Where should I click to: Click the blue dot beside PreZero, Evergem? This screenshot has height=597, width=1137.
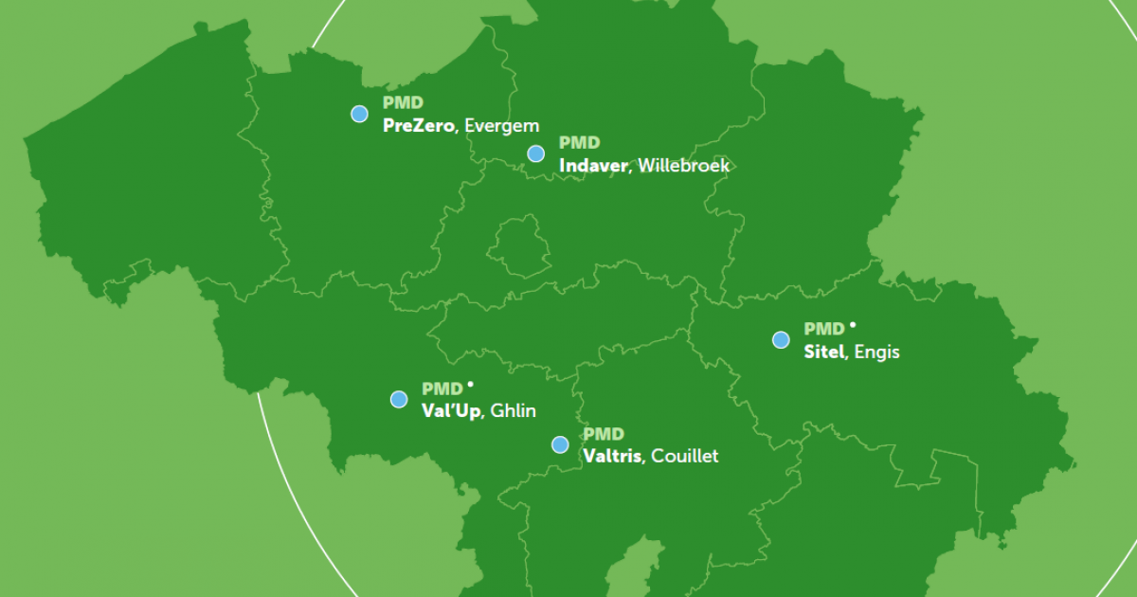pos(359,114)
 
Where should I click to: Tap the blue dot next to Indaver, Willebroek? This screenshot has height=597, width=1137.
pos(536,154)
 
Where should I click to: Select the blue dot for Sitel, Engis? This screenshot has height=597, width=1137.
pos(781,340)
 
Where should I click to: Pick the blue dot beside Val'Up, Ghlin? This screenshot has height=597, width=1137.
pos(399,399)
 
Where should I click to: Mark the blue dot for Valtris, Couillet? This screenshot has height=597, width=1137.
pos(560,444)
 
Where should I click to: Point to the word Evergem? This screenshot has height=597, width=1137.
pos(502,125)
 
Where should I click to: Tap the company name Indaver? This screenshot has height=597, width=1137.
pos(593,166)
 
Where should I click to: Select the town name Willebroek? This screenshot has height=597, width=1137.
pos(684,166)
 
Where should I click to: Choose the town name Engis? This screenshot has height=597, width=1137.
pos(877,353)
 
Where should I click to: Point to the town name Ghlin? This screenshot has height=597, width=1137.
pos(514,410)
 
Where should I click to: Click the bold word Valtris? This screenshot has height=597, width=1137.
pos(613,456)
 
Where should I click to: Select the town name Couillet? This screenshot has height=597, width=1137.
pos(685,456)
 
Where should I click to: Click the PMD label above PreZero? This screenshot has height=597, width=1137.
pos(403,102)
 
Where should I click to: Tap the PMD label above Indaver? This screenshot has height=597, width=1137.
pos(579,143)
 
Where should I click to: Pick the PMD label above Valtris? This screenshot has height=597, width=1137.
pos(604,434)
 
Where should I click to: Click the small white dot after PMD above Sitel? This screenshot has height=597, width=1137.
pos(853,325)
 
